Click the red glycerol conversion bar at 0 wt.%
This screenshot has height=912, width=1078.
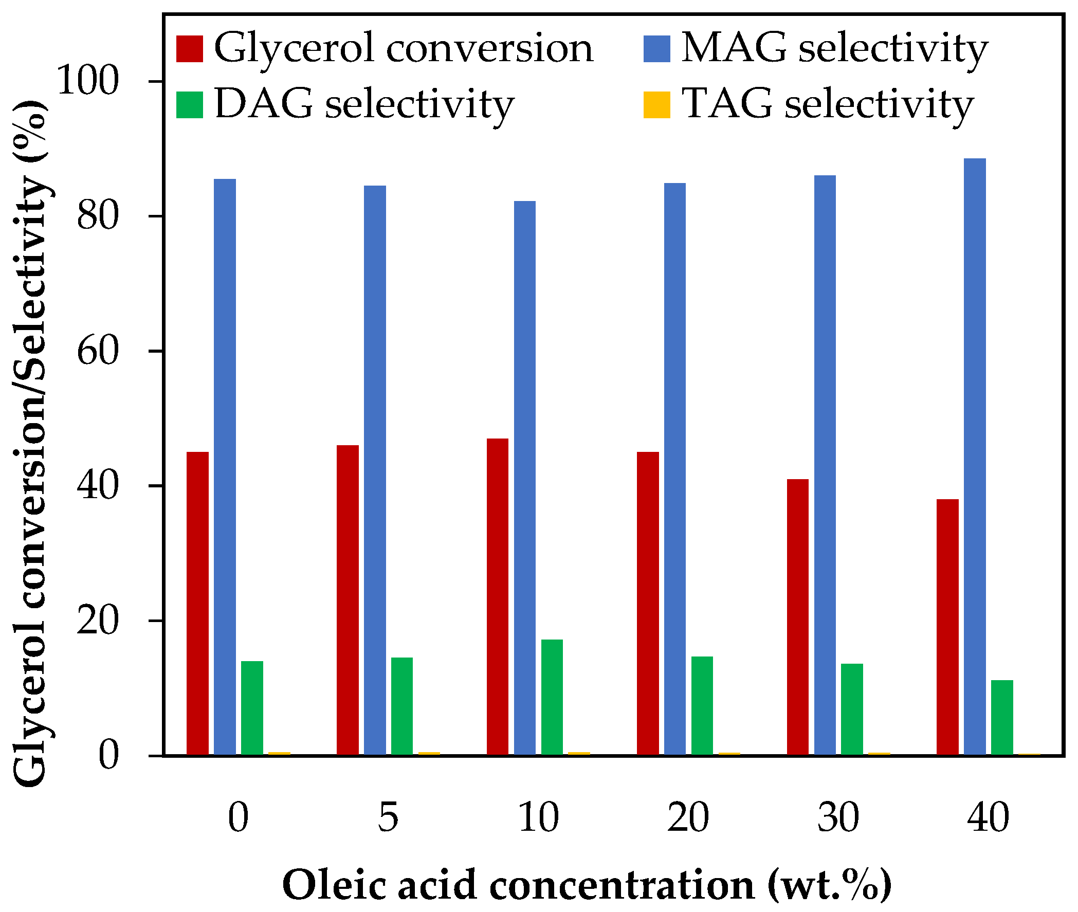point(197,604)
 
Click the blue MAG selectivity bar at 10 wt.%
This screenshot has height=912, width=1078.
point(524,478)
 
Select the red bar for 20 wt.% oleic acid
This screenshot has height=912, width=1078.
point(647,604)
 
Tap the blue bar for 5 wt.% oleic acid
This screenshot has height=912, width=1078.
point(375,470)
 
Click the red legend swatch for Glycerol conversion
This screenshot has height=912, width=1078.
point(189,49)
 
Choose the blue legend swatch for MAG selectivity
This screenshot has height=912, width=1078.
point(656,49)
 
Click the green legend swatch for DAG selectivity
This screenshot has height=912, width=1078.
point(189,104)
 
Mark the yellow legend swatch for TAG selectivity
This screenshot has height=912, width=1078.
point(656,104)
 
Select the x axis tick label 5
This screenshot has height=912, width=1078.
point(388,817)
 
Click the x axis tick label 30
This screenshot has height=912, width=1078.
point(837,817)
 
